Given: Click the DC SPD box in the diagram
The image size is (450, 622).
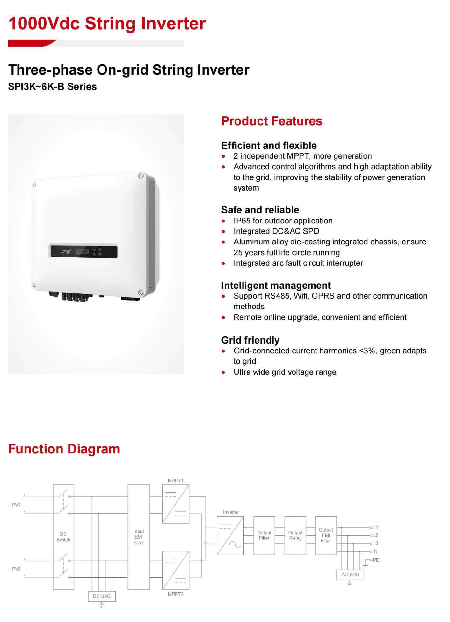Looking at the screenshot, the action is (x=102, y=596).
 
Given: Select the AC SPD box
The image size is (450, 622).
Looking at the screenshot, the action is (x=350, y=575).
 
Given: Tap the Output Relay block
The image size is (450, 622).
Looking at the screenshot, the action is (x=295, y=535).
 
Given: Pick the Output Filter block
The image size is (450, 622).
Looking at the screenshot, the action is (x=264, y=535).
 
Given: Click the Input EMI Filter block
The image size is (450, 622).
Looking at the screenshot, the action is (x=139, y=537).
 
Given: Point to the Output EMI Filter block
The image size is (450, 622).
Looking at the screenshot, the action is (x=326, y=535).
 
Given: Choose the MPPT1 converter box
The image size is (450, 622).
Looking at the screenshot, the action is (x=176, y=504).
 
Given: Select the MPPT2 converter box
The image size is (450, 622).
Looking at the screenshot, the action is (x=176, y=570).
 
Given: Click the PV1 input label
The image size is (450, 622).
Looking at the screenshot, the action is (x=16, y=505).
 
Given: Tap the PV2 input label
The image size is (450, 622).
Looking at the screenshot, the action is (x=16, y=569).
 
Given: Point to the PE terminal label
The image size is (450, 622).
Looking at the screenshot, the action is (x=376, y=560).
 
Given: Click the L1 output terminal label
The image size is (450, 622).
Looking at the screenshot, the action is (x=375, y=527).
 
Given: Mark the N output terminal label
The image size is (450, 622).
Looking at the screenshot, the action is (x=376, y=551).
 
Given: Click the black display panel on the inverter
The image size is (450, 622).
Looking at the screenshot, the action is (x=84, y=251).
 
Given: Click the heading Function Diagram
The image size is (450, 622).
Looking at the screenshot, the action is (x=64, y=449).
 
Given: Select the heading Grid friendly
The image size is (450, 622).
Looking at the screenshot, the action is (x=250, y=340).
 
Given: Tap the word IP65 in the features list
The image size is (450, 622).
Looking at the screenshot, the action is (x=242, y=221).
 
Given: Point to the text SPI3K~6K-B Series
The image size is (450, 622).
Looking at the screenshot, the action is (x=52, y=87).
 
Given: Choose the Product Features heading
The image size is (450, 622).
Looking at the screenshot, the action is (x=272, y=121).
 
